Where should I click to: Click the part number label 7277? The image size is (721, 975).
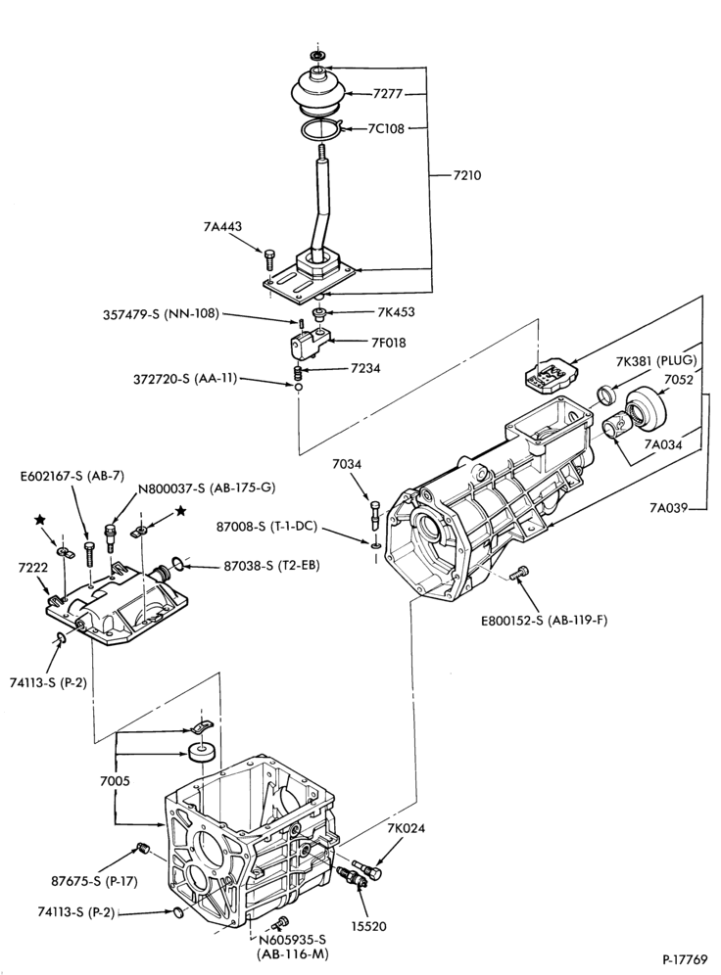tap(388, 94)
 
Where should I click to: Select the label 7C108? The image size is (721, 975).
tap(386, 128)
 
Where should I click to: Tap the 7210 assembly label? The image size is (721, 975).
tap(466, 175)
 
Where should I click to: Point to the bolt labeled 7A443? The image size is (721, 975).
tap(268, 258)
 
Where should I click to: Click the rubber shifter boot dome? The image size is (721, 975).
tap(318, 91)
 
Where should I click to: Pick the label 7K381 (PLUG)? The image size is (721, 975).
tap(656, 360)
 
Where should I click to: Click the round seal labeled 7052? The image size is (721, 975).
tap(646, 410)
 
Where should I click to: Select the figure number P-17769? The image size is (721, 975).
tap(685, 958)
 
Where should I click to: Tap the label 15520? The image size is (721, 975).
tap(368, 926)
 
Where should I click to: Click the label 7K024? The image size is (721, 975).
tap(407, 828)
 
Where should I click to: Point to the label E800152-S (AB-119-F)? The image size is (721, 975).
tap(544, 621)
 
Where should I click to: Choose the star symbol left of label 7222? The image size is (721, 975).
tap(41, 519)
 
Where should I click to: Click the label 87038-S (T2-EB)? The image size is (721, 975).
tap(271, 567)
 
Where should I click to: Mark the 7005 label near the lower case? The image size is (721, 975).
tap(115, 781)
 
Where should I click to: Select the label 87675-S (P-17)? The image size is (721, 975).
tap(95, 881)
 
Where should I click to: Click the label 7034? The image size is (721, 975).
tap(347, 464)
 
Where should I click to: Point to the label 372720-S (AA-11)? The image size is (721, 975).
tap(185, 378)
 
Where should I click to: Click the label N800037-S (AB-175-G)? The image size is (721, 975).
tap(207, 488)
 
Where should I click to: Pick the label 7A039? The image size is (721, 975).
tap(669, 508)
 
